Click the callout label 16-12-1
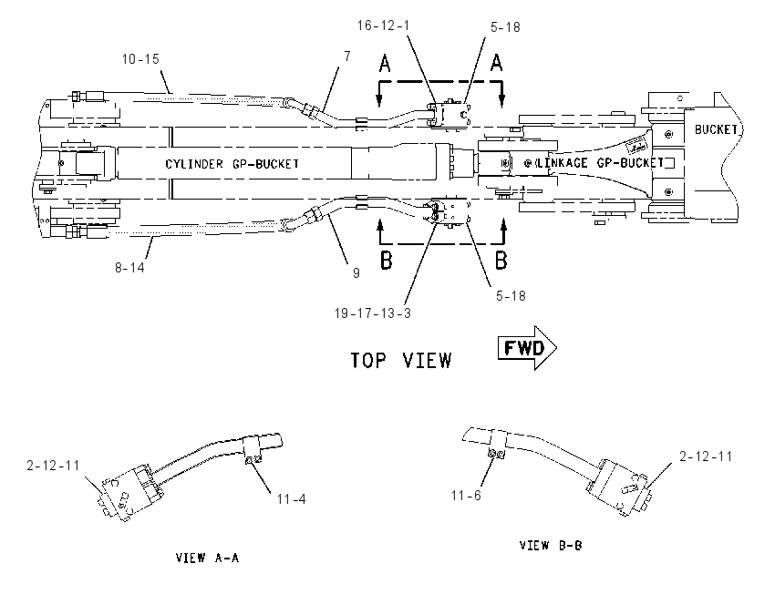point(384,26)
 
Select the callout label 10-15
point(140,59)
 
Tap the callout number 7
point(347,56)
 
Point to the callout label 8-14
point(130,267)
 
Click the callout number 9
point(356,273)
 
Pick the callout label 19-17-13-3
point(373,313)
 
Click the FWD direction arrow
point(527,348)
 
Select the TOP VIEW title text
point(401,361)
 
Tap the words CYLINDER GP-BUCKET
point(232,163)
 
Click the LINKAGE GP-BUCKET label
point(601,162)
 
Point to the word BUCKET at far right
point(716,129)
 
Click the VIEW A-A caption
point(208,558)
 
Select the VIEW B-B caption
point(551,545)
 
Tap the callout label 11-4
point(291,499)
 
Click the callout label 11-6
point(466,496)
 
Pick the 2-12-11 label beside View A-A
point(53,466)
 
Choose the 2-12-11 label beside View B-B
point(706,456)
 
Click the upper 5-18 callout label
point(506,27)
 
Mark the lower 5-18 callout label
point(511,296)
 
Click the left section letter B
point(386,261)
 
